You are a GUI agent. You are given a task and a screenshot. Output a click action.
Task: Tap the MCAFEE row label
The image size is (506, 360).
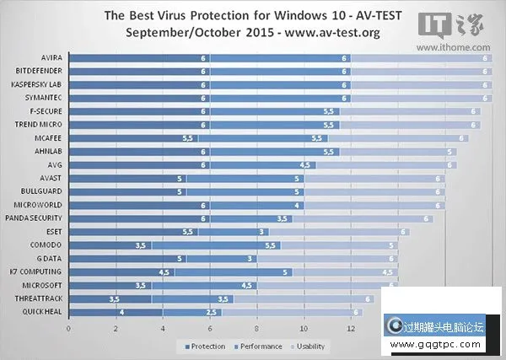[x=47, y=138]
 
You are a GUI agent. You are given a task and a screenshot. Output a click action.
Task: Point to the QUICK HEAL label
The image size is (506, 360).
[x=43, y=312]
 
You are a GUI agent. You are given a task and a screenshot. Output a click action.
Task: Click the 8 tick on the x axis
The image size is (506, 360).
[x=256, y=327]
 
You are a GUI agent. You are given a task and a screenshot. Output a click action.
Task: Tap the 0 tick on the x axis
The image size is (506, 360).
[x=68, y=327]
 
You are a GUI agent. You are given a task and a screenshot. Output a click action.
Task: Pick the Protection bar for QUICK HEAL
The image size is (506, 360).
[x=116, y=312]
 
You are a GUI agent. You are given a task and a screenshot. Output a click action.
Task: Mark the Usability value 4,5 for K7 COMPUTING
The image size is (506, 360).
[x=387, y=272]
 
